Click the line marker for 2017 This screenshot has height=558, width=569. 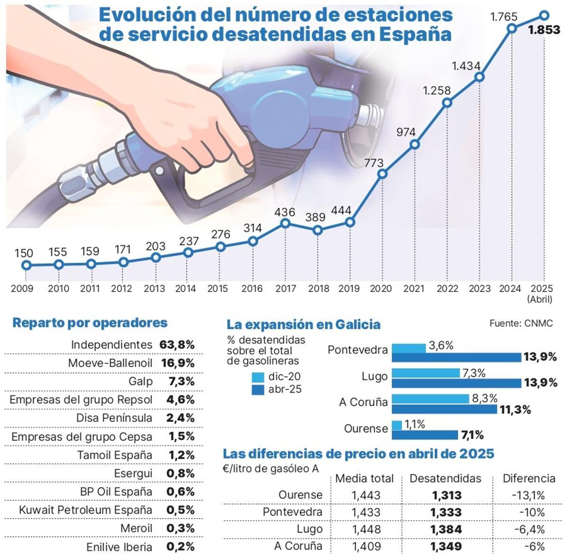tap(285, 223)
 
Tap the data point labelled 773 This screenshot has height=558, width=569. tap(383, 174)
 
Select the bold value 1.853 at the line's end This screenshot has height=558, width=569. tap(544, 30)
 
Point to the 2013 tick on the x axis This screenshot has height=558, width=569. tap(155, 288)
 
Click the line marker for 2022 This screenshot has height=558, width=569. tap(447, 102)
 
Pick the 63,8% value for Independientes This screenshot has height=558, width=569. tap(177, 345)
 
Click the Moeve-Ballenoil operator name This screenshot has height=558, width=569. tap(110, 363)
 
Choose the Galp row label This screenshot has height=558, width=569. tap(140, 381)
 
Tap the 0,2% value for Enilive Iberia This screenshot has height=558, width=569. tap(180, 547)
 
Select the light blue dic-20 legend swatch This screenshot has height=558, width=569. tap(258, 378)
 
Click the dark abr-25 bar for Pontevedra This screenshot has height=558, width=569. tap(457, 357)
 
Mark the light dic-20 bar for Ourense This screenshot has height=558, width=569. tap(397, 425)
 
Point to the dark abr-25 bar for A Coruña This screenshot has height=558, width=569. tap(444, 409)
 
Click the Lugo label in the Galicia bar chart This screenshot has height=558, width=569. tap(375, 377)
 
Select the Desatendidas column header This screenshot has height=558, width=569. tap(445, 478)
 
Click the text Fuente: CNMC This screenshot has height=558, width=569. tap(521, 324)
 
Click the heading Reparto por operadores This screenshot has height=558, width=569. tap(90, 323)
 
